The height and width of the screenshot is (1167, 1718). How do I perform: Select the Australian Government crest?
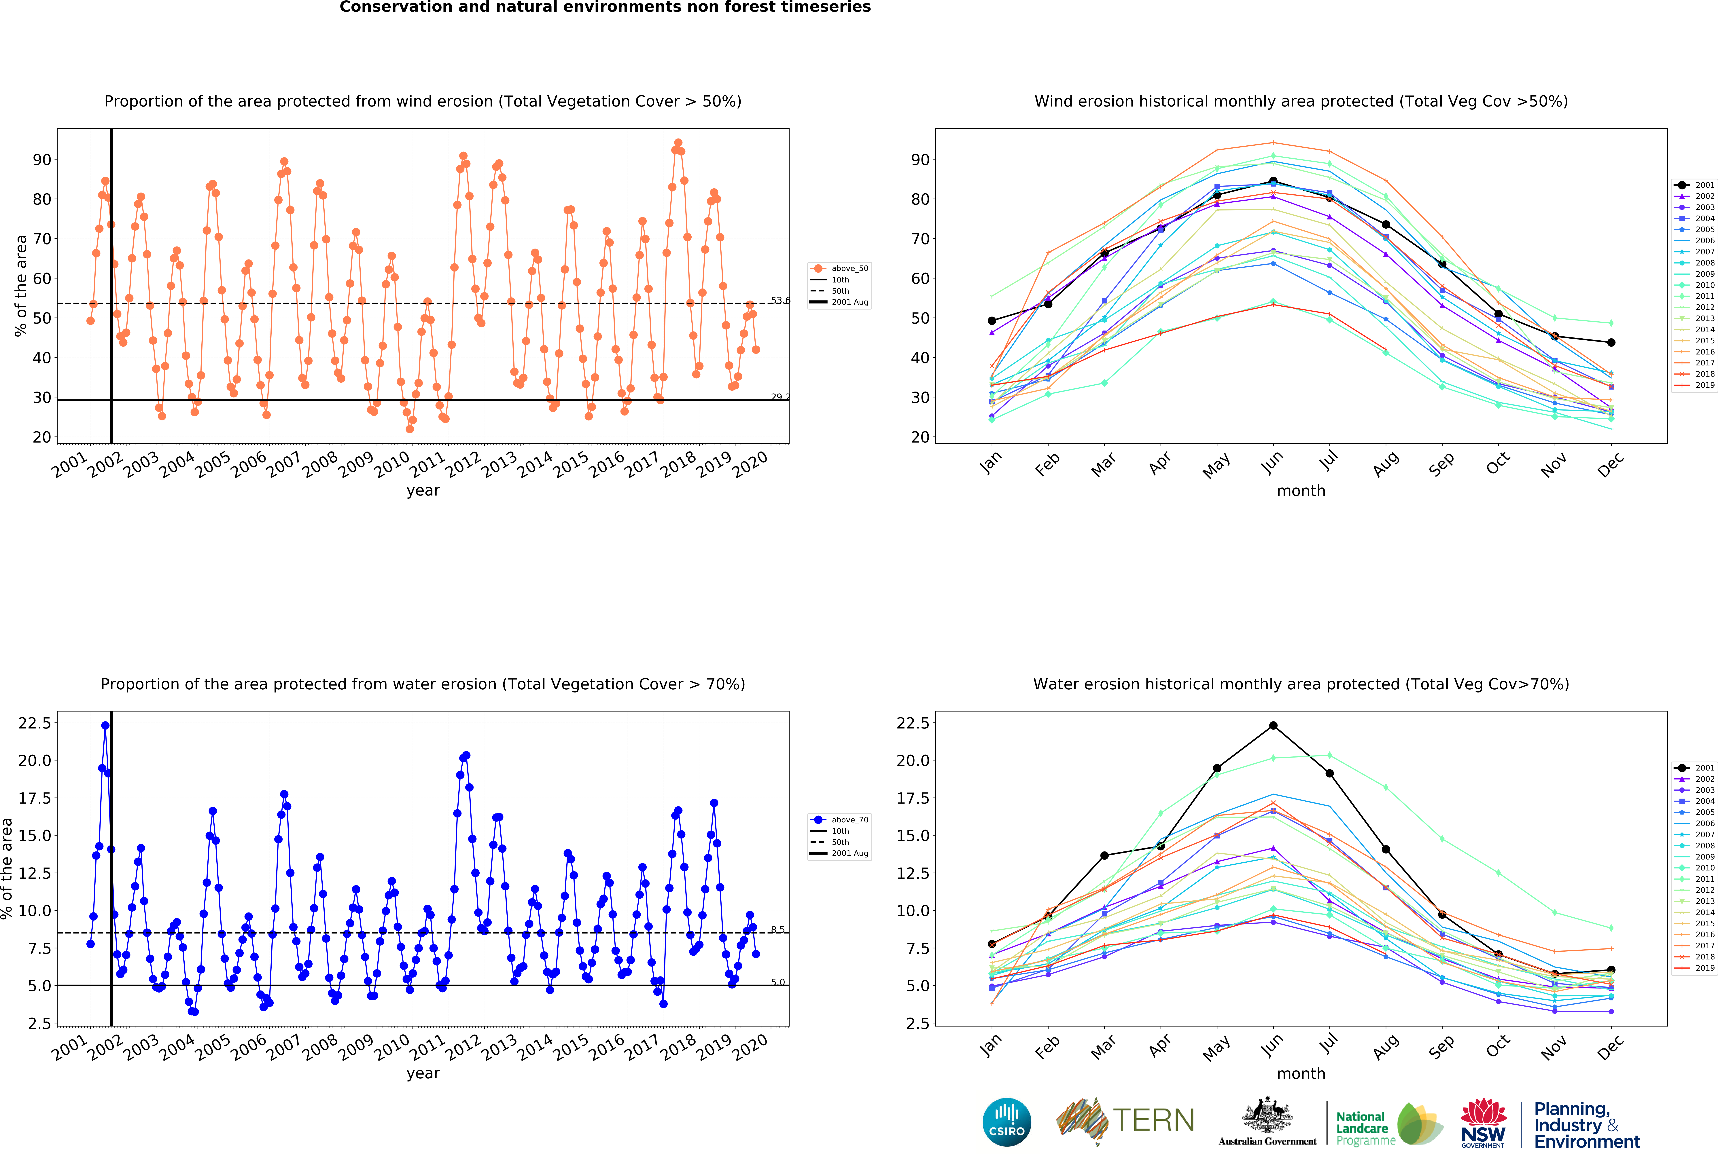click(1267, 1116)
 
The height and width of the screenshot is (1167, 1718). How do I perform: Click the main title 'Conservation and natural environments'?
click(605, 7)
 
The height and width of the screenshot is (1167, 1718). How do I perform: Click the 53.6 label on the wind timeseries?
click(780, 300)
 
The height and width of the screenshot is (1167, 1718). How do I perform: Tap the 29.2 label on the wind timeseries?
click(780, 397)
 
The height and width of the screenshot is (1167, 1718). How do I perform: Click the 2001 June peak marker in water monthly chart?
click(1273, 726)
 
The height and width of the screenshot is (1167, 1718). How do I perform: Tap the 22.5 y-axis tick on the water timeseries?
click(35, 723)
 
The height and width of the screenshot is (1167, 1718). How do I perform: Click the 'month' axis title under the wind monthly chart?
click(1301, 491)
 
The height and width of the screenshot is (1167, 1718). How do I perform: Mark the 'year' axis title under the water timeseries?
click(423, 1073)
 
